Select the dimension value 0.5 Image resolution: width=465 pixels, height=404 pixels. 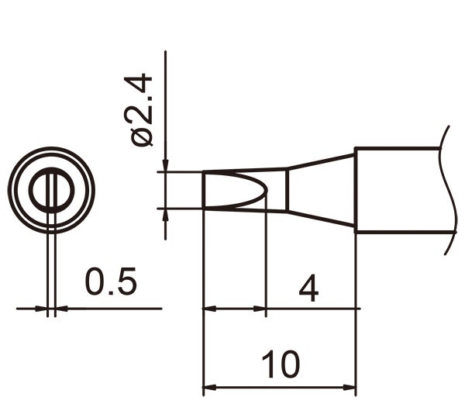click(x=111, y=284)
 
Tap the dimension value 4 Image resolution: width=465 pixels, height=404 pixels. click(x=308, y=289)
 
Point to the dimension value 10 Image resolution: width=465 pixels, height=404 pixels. click(x=280, y=364)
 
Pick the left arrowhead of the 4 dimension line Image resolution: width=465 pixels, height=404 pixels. click(x=208, y=309)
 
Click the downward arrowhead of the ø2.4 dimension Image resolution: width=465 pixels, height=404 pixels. click(x=166, y=165)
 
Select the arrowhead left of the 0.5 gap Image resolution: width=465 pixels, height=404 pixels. click(x=42, y=309)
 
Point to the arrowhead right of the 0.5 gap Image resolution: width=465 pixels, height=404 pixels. click(x=61, y=309)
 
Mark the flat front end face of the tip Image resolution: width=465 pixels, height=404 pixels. click(x=203, y=190)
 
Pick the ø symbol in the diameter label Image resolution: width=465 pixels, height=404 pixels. click(x=143, y=137)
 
